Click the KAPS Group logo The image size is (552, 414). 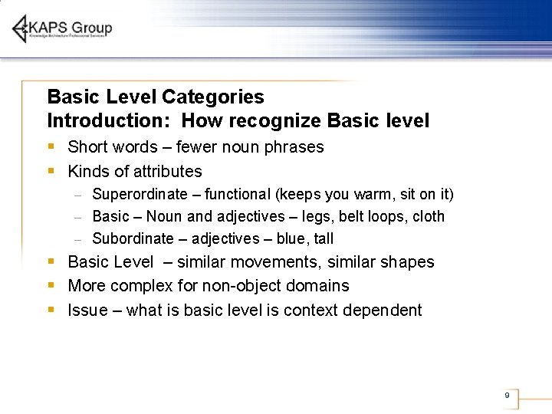pyautogui.click(x=62, y=28)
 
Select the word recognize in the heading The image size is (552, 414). pyautogui.click(x=274, y=120)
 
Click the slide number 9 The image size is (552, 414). pyautogui.click(x=507, y=396)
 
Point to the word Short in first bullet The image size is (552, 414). pyautogui.click(x=87, y=146)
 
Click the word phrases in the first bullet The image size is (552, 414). pyautogui.click(x=294, y=146)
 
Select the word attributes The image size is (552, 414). pyautogui.click(x=166, y=171)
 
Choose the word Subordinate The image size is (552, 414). pyautogui.click(x=133, y=238)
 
